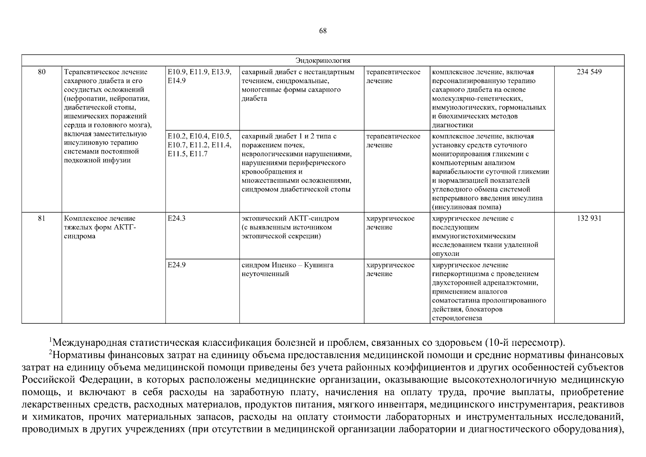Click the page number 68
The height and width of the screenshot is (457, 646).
[322, 31]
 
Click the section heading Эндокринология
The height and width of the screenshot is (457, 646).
[322, 61]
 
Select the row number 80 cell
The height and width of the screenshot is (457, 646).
[41, 72]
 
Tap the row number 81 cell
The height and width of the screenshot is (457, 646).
[41, 219]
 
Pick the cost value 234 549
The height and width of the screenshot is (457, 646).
[589, 72]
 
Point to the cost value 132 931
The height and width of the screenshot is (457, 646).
[589, 219]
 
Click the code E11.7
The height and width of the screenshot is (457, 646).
[199, 154]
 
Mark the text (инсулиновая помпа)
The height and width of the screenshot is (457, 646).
[466, 207]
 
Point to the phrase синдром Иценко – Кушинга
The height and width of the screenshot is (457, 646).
[287, 265]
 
